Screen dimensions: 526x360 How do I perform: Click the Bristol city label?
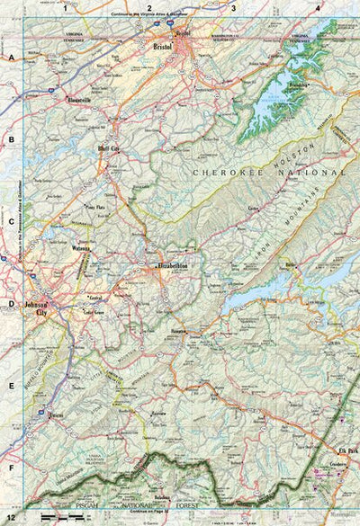(x=163, y=45)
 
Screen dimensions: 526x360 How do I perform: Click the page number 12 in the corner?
(x=9, y=519)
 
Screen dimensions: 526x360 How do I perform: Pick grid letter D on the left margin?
(x=12, y=304)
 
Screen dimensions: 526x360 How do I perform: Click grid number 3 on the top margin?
(x=233, y=7)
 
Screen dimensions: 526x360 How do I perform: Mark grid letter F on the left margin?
(x=12, y=468)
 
